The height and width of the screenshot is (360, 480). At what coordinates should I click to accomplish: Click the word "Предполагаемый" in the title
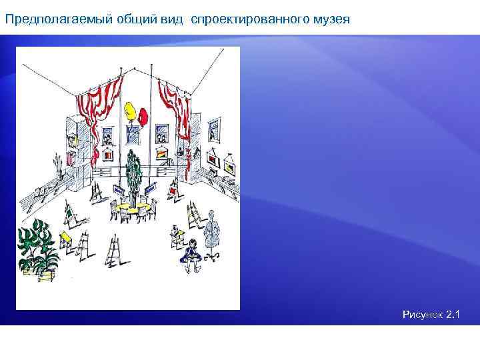[49, 19]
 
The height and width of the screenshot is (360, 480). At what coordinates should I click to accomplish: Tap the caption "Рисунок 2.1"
[431, 313]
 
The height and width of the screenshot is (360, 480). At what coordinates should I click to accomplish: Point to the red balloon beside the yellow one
[143, 116]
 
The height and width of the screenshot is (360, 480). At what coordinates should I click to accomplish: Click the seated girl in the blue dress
[191, 253]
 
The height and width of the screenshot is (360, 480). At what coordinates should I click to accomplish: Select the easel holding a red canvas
[173, 193]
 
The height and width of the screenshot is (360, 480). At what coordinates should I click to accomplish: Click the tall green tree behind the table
[134, 173]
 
